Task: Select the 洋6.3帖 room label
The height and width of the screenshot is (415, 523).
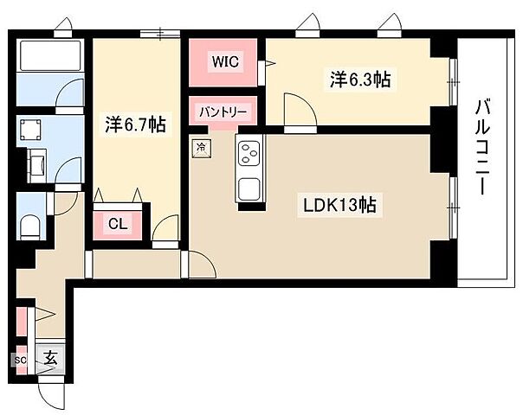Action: coord(358,80)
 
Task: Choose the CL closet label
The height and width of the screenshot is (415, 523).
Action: coord(119,223)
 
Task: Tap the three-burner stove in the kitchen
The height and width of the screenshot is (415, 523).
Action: coord(249,155)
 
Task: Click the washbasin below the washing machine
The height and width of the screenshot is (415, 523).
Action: coord(38,163)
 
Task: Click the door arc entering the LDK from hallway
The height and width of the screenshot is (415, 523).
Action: coord(198,263)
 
